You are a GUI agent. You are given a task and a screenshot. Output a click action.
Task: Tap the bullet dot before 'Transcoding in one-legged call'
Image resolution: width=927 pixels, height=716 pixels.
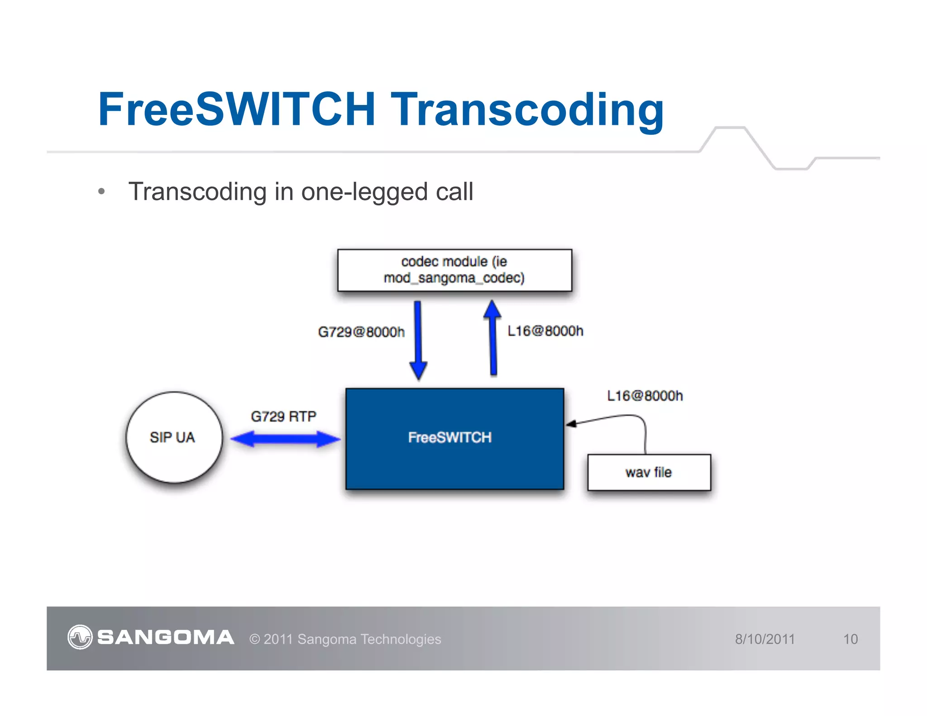101,191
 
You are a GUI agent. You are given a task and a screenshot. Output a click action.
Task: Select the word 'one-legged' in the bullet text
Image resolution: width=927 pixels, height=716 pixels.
364,191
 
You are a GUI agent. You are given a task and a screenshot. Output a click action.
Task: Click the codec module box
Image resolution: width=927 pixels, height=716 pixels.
454,270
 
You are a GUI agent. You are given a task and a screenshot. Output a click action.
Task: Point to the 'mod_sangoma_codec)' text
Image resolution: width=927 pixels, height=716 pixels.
454,277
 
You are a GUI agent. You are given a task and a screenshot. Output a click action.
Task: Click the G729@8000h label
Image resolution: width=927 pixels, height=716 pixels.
361,332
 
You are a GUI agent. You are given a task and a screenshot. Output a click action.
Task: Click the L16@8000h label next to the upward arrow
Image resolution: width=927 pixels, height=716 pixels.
545,331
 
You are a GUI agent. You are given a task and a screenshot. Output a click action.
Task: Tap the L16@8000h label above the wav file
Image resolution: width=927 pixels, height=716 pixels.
645,396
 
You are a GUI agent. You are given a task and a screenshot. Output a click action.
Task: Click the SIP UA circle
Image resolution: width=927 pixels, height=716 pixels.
174,437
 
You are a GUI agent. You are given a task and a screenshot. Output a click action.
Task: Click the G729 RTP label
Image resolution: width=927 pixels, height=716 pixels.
283,416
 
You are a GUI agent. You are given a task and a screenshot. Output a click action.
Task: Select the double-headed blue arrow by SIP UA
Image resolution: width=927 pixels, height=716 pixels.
285,439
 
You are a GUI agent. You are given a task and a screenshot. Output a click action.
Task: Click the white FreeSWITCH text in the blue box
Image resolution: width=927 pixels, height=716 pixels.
449,437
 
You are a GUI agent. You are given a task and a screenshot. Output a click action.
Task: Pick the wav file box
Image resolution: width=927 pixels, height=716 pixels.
649,472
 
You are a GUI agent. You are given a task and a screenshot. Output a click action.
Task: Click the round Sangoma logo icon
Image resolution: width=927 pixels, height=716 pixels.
80,637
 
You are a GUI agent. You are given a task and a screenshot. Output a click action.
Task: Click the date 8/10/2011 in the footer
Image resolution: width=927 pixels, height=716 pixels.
765,639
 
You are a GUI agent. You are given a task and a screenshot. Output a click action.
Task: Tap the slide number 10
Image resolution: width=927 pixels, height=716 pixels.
850,639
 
